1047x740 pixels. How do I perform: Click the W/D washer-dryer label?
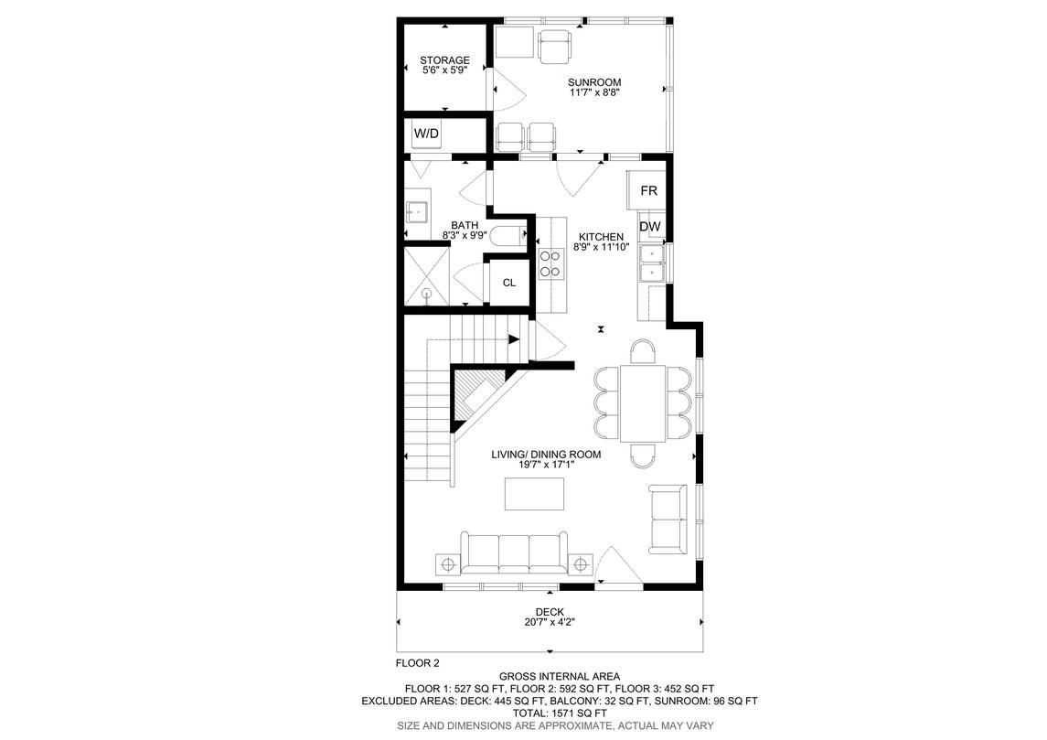[x=427, y=134]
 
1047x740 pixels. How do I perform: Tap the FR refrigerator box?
[x=647, y=190]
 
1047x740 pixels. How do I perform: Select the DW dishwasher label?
[x=650, y=227]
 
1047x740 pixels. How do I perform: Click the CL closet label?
[x=508, y=283]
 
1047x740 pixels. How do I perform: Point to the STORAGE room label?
[x=444, y=60]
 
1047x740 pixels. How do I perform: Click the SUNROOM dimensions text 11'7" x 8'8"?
[x=594, y=92]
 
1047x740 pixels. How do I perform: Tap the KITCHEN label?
[x=601, y=236]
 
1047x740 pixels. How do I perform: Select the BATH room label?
[x=465, y=226]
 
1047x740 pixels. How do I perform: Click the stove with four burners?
[x=551, y=263]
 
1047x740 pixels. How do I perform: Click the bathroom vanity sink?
[x=418, y=211]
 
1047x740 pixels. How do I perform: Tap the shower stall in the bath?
[x=427, y=275]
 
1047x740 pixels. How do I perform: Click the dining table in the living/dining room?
[x=643, y=402]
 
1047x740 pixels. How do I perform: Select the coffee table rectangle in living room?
[x=534, y=494]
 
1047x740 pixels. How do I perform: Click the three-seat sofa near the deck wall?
[x=514, y=552]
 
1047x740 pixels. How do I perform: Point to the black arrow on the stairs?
[x=514, y=339]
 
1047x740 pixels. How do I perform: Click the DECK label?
[x=550, y=612]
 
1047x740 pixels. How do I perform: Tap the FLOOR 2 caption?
[x=418, y=663]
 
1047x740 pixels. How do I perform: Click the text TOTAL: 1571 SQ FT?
[x=560, y=713]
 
